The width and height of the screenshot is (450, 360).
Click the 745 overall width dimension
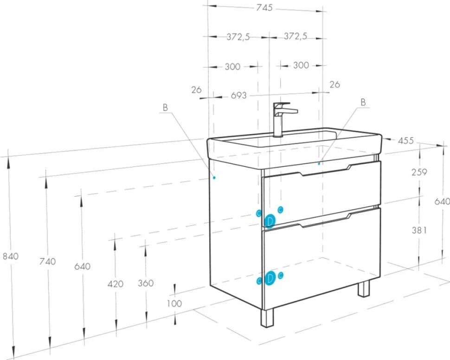click(x=264, y=7)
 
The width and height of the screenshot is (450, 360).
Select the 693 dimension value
click(x=239, y=95)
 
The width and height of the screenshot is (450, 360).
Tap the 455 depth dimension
click(x=406, y=141)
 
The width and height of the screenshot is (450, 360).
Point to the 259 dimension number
click(x=419, y=172)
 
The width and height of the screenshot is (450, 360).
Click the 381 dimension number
click(x=419, y=230)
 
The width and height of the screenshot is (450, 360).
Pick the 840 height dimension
click(x=11, y=256)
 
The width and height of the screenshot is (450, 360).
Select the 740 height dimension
click(x=48, y=262)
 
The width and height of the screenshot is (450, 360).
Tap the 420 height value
click(x=116, y=284)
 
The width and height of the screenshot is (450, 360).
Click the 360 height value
click(x=146, y=283)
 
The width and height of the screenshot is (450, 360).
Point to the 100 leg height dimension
click(x=174, y=303)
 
